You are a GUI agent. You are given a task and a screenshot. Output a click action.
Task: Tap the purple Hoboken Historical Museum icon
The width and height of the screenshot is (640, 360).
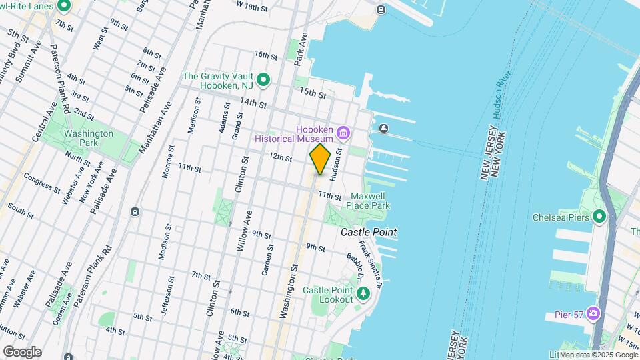[x=344, y=133]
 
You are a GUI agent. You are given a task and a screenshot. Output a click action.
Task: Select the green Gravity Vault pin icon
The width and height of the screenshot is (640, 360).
[x=263, y=81]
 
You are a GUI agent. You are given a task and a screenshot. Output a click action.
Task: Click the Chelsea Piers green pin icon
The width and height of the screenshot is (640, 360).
[x=599, y=217]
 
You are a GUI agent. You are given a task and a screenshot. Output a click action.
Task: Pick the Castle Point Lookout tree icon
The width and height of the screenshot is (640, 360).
[x=363, y=293]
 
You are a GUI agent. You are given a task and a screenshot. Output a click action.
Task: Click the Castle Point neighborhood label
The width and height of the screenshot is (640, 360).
[x=369, y=232]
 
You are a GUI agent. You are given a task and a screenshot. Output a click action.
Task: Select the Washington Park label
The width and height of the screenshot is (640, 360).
[x=88, y=138]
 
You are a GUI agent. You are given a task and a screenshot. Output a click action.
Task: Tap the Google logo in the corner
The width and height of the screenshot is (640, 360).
[x=22, y=352]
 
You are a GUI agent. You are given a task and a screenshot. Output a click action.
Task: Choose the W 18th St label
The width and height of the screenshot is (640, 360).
[x=251, y=6]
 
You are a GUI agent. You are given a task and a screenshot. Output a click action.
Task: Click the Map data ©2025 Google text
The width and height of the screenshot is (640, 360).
[x=598, y=354]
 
